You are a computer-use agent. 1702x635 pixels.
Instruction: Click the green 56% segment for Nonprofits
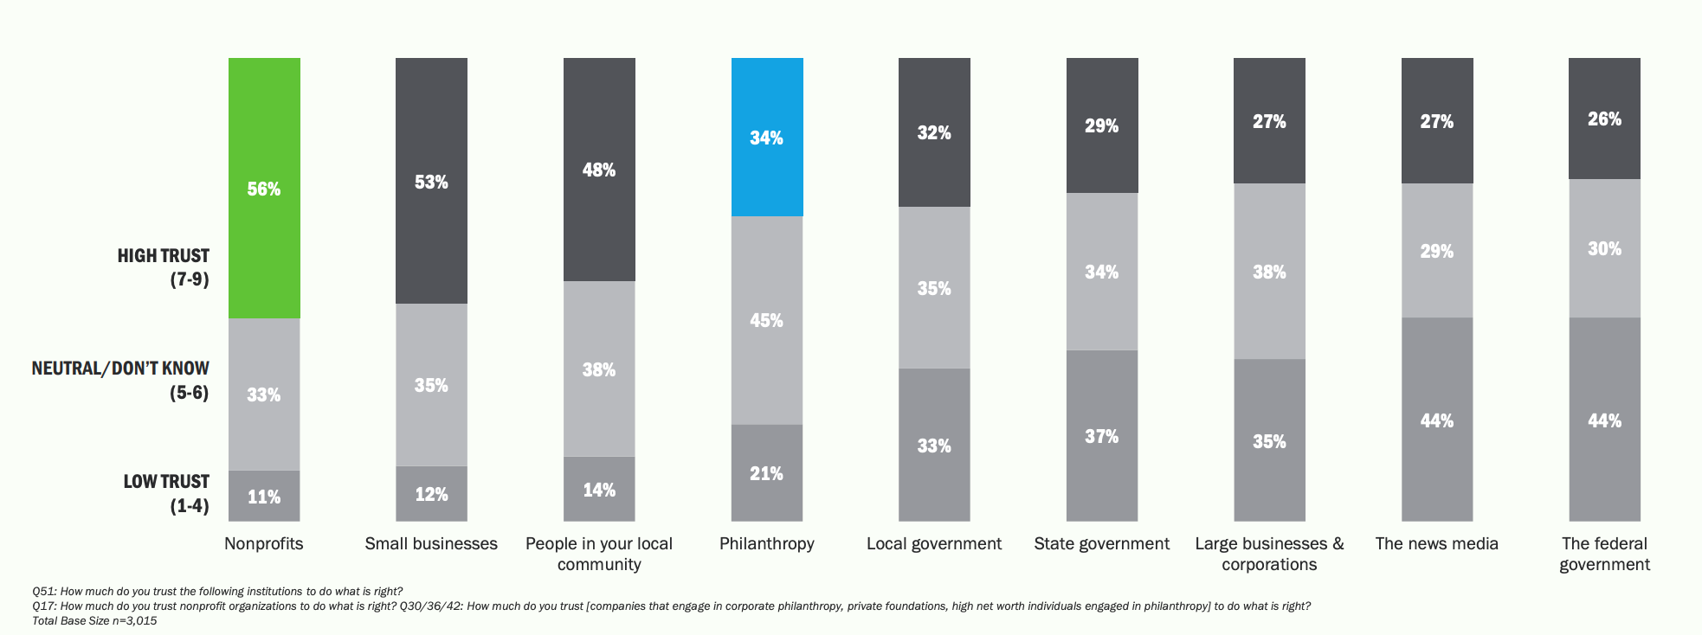click(264, 188)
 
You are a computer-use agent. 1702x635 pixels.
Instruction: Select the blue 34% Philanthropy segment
click(766, 137)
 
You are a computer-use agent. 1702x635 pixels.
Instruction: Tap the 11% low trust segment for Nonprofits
click(264, 496)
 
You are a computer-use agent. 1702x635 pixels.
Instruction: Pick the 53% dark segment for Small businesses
click(431, 181)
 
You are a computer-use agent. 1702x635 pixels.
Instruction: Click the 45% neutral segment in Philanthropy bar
click(766, 319)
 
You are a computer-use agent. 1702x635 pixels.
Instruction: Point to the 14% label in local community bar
click(599, 490)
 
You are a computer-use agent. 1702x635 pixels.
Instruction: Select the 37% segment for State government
click(1101, 435)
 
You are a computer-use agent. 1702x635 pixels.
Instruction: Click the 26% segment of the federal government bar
click(1604, 119)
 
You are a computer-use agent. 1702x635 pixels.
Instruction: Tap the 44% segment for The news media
click(1436, 420)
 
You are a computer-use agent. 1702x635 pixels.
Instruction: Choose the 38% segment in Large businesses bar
click(1269, 271)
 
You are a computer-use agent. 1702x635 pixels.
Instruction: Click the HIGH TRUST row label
click(163, 266)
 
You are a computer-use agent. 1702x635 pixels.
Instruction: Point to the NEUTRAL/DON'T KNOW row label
click(120, 380)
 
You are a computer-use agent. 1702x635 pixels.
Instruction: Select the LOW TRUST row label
click(166, 493)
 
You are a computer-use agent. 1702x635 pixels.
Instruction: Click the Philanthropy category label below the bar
click(766, 543)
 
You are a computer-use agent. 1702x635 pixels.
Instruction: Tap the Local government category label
click(933, 543)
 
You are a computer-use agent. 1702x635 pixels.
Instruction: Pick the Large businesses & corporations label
click(1269, 554)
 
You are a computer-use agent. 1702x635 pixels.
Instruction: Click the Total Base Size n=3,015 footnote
click(94, 620)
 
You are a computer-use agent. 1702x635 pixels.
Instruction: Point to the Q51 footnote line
click(216, 592)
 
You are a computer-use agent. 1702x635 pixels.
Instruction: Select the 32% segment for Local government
click(934, 131)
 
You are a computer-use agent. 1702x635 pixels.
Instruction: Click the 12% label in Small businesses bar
click(431, 494)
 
